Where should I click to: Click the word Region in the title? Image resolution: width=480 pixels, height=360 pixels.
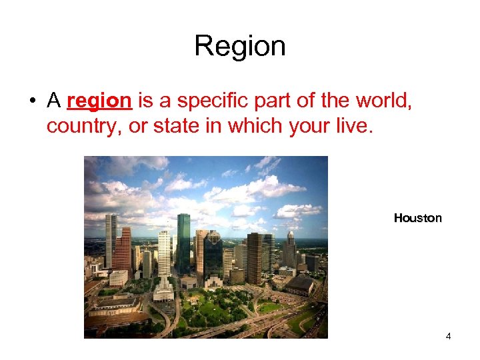[x=240, y=46]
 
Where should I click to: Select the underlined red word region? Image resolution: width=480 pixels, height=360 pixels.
[x=99, y=101]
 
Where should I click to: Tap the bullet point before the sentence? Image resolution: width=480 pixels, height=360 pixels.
[x=31, y=101]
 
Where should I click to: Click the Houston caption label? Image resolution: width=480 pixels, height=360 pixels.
[x=417, y=218]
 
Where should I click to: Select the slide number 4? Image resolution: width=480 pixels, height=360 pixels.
[x=449, y=337]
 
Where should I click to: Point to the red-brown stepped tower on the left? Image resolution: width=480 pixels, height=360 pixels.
[x=123, y=250]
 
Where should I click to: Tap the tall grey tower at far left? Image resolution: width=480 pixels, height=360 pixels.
[x=111, y=240]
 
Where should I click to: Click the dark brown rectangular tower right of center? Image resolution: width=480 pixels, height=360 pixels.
[x=255, y=257]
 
